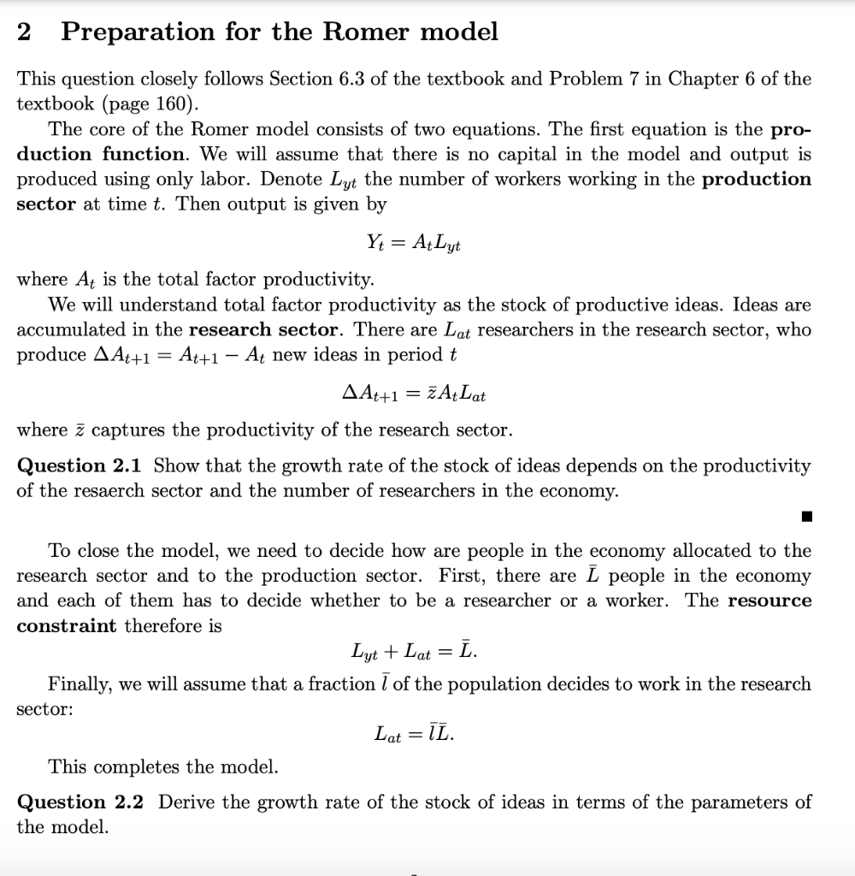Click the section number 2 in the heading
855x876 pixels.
25,33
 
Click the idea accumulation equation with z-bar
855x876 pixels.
414,394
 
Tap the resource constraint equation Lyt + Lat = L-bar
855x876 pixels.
415,652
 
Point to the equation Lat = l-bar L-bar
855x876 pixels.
415,733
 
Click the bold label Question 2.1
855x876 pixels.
81,466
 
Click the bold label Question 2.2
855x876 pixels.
81,802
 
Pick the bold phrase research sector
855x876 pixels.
265,330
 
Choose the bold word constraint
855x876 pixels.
67,626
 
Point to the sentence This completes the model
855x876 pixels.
163,766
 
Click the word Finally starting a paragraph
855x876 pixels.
78,684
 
